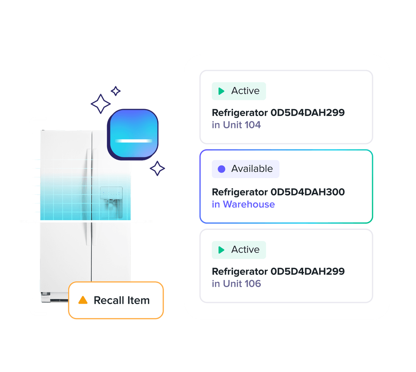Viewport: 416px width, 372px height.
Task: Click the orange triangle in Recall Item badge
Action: pos(83,300)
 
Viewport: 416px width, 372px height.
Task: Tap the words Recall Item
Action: pos(121,300)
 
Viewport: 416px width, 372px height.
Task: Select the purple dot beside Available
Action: pos(221,169)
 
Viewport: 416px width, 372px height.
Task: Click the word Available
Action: pos(252,169)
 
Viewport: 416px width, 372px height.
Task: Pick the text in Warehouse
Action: pos(243,204)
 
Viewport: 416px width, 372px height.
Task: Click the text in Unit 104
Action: pos(236,125)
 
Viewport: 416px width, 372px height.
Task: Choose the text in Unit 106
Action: pos(236,284)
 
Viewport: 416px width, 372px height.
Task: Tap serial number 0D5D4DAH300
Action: pos(307,192)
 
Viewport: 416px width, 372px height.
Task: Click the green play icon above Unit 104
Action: pos(221,91)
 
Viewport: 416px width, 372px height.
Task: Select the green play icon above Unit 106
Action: pos(221,250)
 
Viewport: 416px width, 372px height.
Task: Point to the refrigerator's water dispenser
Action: pos(111,197)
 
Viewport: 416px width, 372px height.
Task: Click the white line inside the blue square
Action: pos(133,141)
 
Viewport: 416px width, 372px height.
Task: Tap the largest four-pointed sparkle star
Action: pos(101,103)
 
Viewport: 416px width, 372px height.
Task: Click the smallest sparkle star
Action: pos(116,91)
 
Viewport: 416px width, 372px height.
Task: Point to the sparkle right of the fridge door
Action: pos(157,168)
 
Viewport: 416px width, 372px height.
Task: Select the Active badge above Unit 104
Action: pos(239,91)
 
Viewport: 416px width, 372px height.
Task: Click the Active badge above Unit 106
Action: pos(239,250)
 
